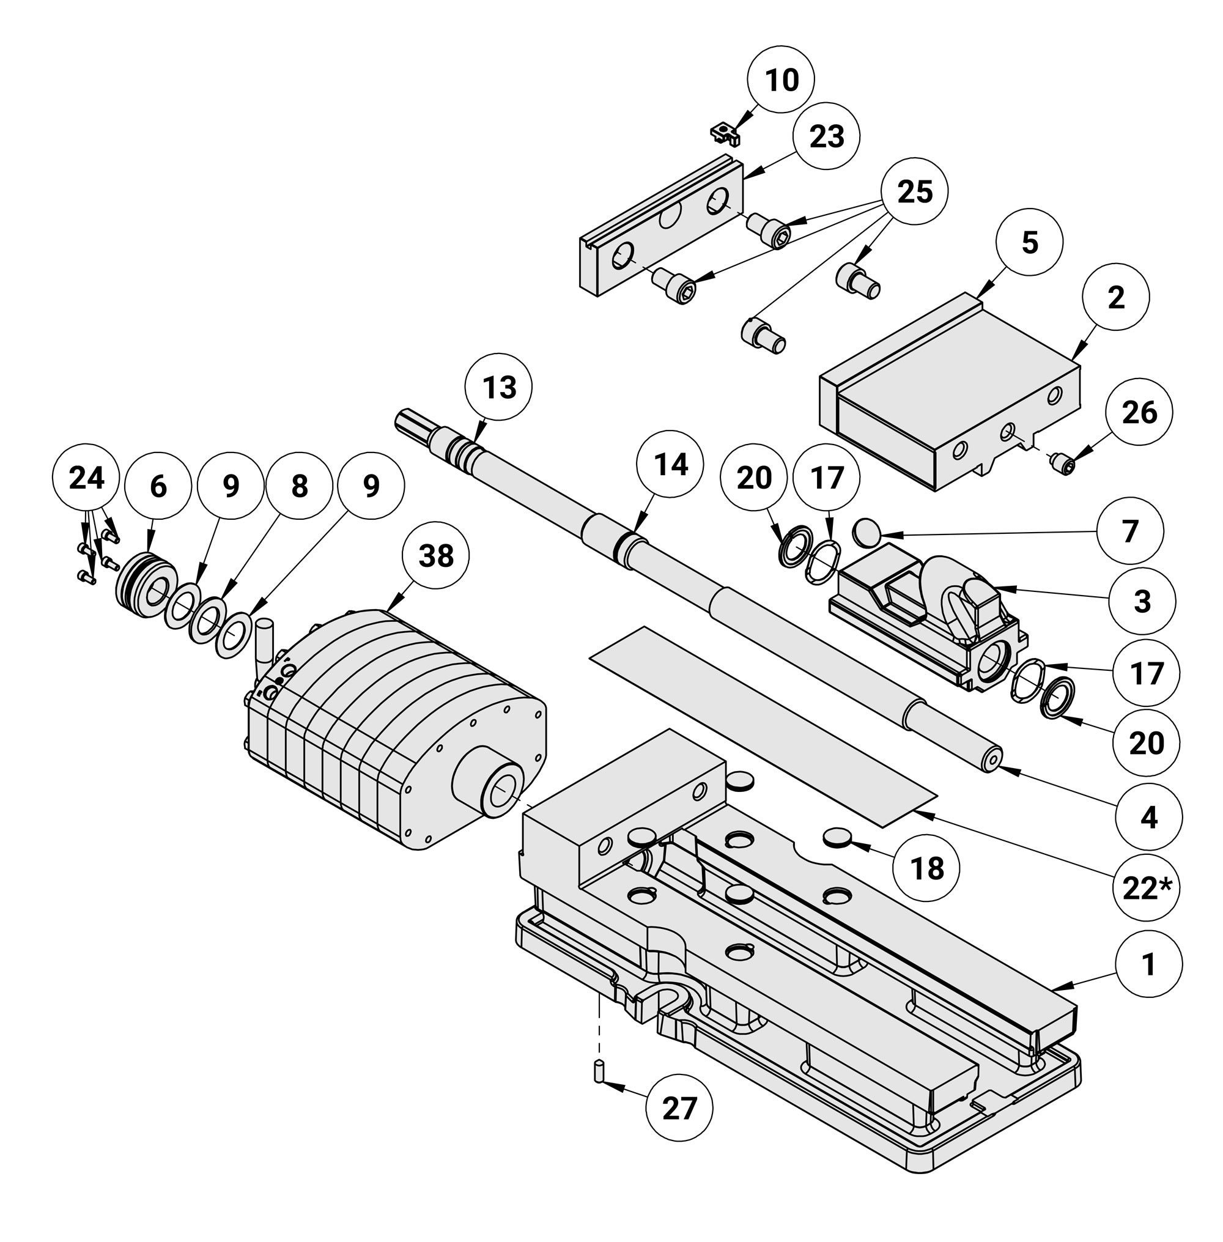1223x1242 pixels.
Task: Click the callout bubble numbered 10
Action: pos(781,79)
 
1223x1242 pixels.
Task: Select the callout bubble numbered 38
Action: pos(435,555)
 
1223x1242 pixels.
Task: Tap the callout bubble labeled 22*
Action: pos(1147,888)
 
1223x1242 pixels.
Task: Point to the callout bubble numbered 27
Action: pos(679,1108)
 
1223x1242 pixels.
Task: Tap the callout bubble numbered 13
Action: pos(499,387)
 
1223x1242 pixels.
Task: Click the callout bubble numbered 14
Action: pos(670,464)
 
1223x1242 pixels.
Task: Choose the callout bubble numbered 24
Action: pos(86,478)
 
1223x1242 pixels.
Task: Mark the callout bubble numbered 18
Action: pos(927,868)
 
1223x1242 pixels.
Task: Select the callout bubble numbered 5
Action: pos(1029,243)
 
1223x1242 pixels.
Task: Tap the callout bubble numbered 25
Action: pos(914,191)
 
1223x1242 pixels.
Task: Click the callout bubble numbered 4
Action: pos(1148,817)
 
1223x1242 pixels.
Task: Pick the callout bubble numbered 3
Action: pos(1142,601)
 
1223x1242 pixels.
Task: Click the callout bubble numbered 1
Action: pos(1148,963)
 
